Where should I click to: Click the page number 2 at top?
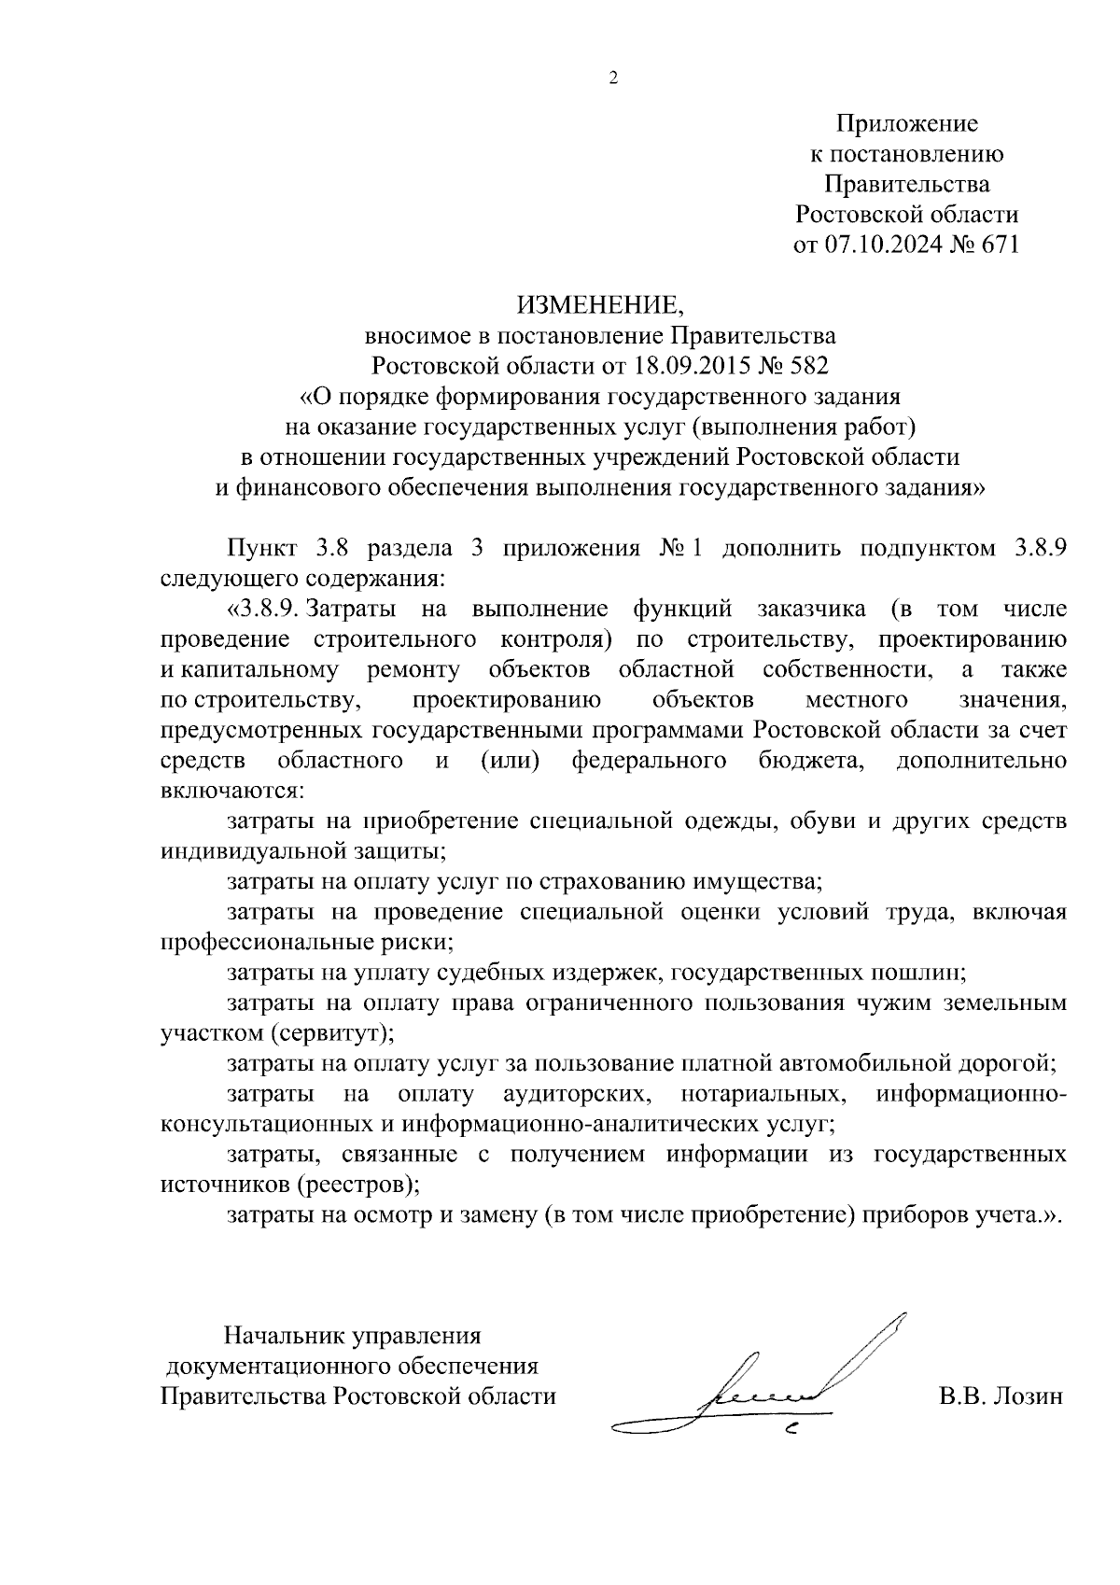tap(613, 78)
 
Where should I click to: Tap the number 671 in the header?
tap(996, 245)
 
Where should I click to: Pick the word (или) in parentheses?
tap(510, 761)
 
